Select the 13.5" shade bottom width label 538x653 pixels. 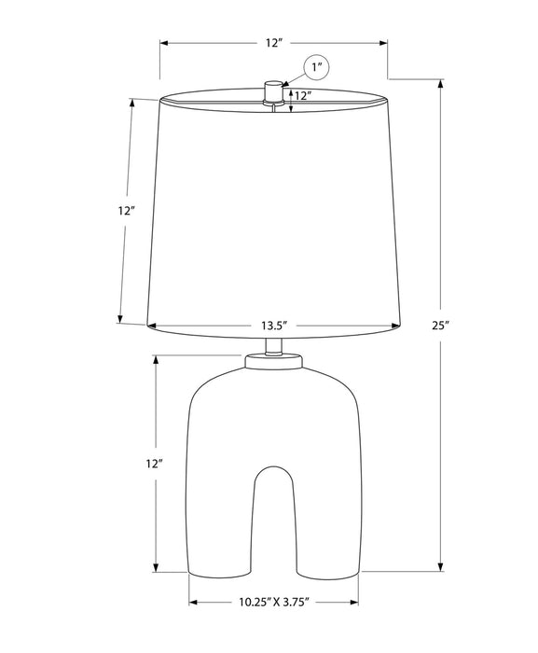tap(272, 326)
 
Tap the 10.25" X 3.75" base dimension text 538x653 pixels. tap(273, 602)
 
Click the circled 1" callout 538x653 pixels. tap(317, 67)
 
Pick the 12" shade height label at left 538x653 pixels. tap(127, 211)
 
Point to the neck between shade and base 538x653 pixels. tap(272, 345)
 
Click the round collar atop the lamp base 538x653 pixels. tap(272, 360)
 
